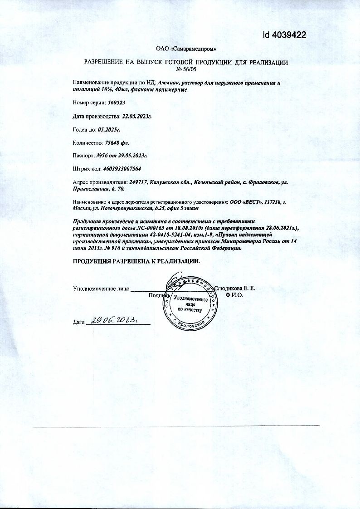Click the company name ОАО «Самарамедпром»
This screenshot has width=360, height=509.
point(186,49)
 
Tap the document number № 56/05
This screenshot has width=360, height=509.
point(186,69)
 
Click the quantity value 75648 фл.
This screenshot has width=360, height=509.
point(117,142)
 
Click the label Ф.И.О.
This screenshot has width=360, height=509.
point(234,295)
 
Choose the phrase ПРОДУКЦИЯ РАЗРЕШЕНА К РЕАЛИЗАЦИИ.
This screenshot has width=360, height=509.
point(136,262)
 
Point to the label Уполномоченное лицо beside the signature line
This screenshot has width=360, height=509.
point(101,288)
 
